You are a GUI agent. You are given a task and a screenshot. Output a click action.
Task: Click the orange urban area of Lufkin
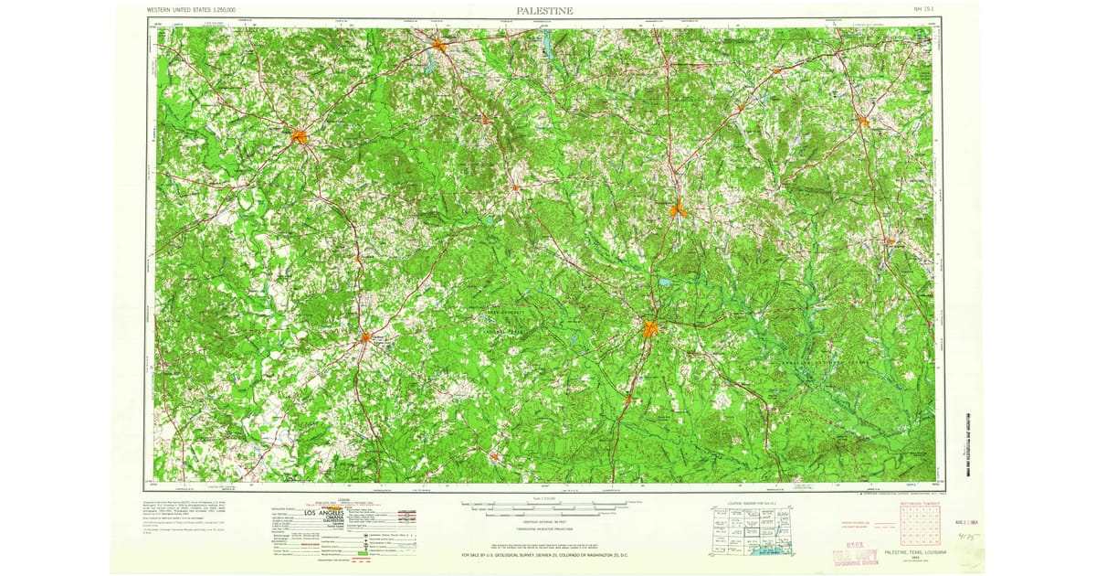coord(649,327)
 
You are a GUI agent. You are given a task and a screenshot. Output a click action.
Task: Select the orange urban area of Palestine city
coord(300,138)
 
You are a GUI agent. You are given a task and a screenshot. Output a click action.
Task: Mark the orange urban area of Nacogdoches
coord(677,209)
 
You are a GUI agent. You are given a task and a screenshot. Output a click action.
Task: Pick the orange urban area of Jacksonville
coord(439,43)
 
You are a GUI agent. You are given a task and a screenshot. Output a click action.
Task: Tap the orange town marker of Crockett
coord(364,336)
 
